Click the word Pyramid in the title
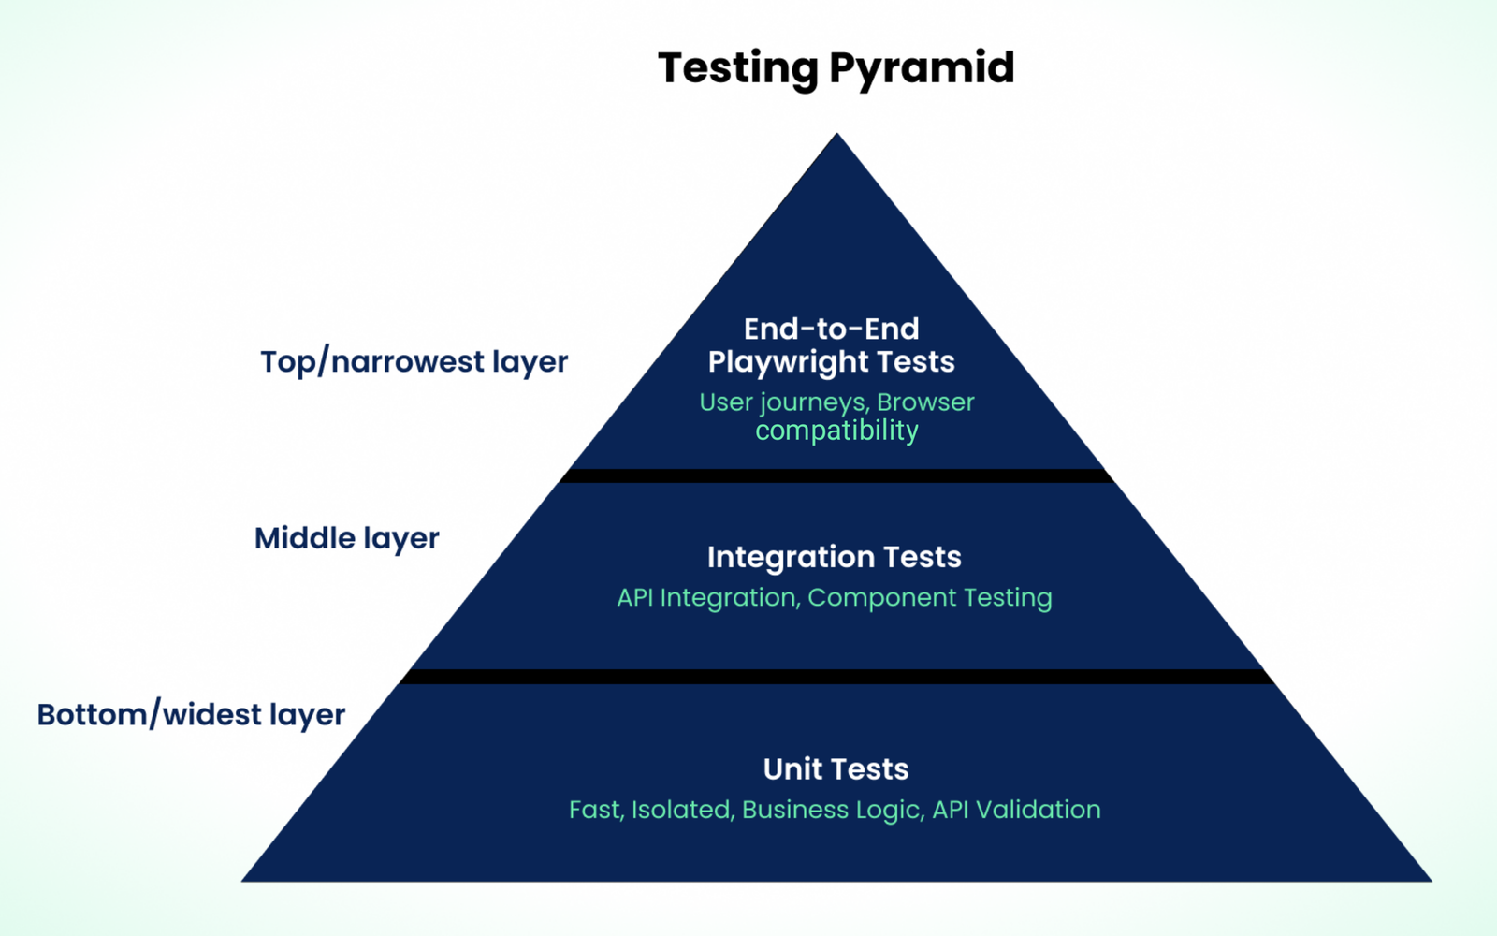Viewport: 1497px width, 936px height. (922, 68)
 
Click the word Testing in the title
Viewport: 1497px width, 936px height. (738, 68)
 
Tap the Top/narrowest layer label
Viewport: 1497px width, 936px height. (414, 361)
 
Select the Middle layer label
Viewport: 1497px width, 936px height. (346, 538)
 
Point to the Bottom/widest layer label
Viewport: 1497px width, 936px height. (191, 714)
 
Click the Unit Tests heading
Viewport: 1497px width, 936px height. (836, 768)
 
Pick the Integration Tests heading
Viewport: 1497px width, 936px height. (834, 557)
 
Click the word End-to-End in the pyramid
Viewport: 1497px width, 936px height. (831, 329)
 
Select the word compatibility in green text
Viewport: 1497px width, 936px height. (836, 431)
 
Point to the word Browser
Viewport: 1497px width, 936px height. (925, 402)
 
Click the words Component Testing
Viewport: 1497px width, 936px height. (930, 597)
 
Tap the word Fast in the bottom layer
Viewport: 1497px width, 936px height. (595, 810)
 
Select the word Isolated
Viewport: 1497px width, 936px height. (681, 810)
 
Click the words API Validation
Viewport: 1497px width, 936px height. (1016, 810)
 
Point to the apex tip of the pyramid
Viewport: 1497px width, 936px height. (836, 137)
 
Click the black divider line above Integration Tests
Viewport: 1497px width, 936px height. (836, 475)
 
